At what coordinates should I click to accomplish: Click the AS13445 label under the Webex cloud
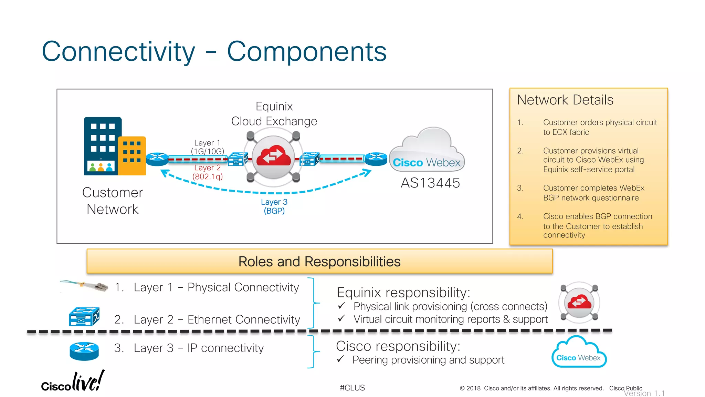click(430, 183)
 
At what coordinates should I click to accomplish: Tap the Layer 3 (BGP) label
click(274, 206)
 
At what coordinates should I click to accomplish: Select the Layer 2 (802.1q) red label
click(208, 172)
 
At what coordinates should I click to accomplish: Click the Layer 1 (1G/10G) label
click(207, 147)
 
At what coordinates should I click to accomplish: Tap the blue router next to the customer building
click(157, 159)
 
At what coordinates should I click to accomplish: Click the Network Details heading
click(565, 100)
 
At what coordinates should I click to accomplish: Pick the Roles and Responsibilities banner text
click(319, 262)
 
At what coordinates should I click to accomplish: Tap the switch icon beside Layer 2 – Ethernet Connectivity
click(84, 316)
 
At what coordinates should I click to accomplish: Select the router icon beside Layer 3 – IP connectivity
click(84, 351)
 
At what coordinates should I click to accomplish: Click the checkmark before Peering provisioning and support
click(340, 359)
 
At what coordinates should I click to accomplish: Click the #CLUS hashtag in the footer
click(352, 388)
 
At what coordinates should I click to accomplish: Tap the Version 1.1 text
click(644, 393)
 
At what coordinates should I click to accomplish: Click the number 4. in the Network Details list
click(520, 216)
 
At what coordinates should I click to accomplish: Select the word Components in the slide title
click(307, 51)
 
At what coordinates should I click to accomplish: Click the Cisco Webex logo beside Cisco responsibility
click(579, 353)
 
